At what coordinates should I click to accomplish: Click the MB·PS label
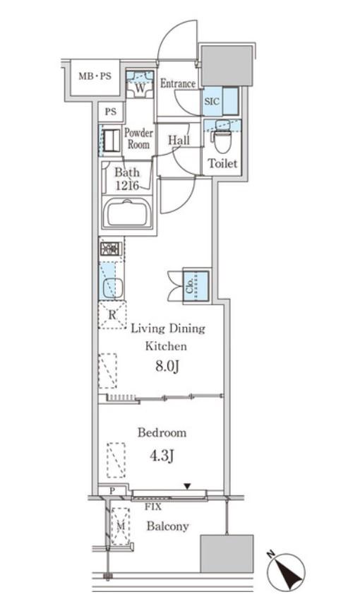[x=95, y=76]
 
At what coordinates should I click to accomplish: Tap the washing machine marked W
[x=140, y=85]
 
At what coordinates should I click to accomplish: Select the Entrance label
[x=177, y=83]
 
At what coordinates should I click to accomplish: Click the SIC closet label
[x=212, y=101]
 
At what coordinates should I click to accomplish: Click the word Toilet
[x=222, y=163]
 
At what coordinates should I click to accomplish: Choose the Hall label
[x=179, y=140]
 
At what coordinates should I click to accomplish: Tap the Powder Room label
[x=138, y=138]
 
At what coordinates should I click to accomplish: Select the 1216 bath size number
[x=127, y=185]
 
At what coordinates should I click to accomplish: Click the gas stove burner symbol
[x=111, y=249]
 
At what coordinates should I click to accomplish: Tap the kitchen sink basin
[x=113, y=288]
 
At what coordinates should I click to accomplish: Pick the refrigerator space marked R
[x=112, y=314]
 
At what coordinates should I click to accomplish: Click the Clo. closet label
[x=190, y=285]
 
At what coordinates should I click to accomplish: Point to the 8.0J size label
[x=167, y=367]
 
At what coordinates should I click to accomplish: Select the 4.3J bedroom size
[x=162, y=456]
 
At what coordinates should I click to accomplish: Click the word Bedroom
[x=162, y=432]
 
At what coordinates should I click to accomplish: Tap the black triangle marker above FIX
[x=187, y=487]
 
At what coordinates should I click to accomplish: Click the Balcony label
[x=167, y=526]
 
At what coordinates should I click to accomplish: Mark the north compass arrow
[x=287, y=571]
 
